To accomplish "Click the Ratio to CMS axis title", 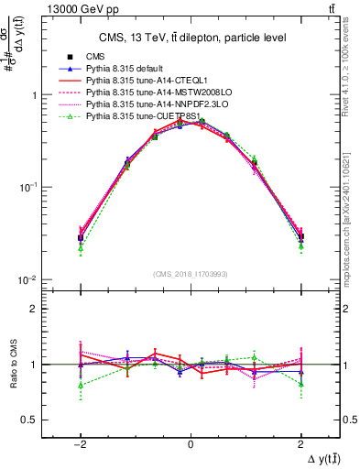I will pos(16,365).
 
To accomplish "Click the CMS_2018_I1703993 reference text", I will pos(191,273).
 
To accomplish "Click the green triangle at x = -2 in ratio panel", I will pos(81,385).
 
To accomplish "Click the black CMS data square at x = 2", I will pos(300,237).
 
